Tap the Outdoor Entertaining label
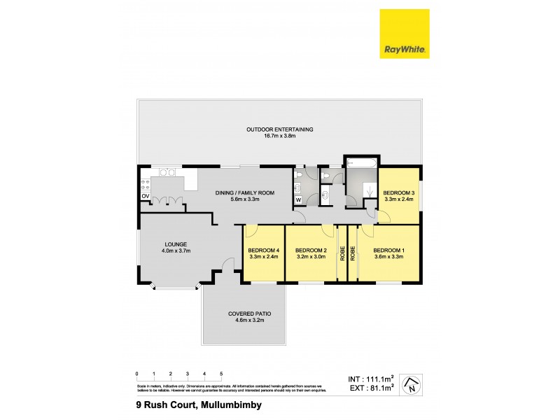(279, 129)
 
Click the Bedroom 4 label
(263, 251)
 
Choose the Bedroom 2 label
(311, 251)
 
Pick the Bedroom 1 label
(389, 251)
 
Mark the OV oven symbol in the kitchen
(146, 197)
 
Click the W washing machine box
(298, 199)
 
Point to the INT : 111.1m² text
(372, 379)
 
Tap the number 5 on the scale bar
(222, 374)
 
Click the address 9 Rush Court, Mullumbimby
(198, 404)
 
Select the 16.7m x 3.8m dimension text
(279, 136)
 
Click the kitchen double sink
(167, 172)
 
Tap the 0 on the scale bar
(137, 374)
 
